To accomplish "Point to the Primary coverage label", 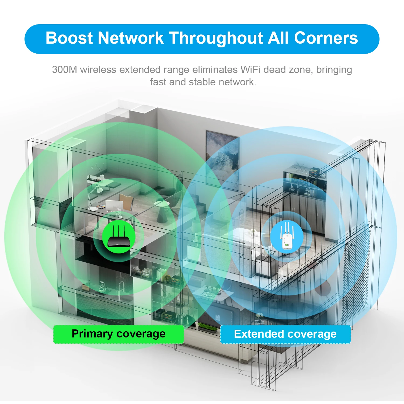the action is [119, 334].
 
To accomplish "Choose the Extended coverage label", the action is [285, 334].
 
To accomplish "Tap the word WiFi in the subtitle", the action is [250, 69].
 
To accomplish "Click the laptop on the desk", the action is [114, 206].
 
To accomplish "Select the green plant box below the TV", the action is [207, 327].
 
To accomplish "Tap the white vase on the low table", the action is [253, 232].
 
